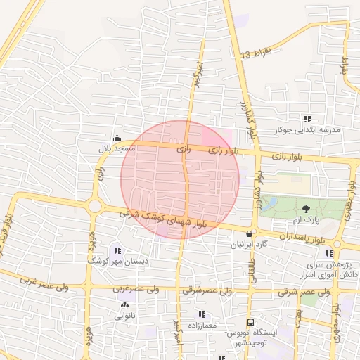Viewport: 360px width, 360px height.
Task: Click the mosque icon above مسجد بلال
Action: coord(117,139)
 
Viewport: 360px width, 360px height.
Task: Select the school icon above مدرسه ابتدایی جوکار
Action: coord(307,119)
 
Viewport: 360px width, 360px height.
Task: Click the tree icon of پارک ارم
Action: coord(306,208)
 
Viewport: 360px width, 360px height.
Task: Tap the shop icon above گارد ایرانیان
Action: coord(250,233)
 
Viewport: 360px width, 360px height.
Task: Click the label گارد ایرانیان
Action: coord(250,245)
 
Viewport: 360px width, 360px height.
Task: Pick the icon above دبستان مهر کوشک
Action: coord(117,250)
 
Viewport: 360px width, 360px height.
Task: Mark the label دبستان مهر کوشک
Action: coord(117,261)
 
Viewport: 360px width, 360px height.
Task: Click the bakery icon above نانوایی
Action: coord(124,305)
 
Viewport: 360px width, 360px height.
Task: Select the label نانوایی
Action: coord(124,316)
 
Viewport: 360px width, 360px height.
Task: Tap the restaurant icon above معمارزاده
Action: coord(202,315)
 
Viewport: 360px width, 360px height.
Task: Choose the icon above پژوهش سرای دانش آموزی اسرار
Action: coord(328,252)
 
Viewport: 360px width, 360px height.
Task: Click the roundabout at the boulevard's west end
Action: coord(95,207)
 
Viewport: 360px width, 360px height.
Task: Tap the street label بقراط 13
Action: coord(255,51)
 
